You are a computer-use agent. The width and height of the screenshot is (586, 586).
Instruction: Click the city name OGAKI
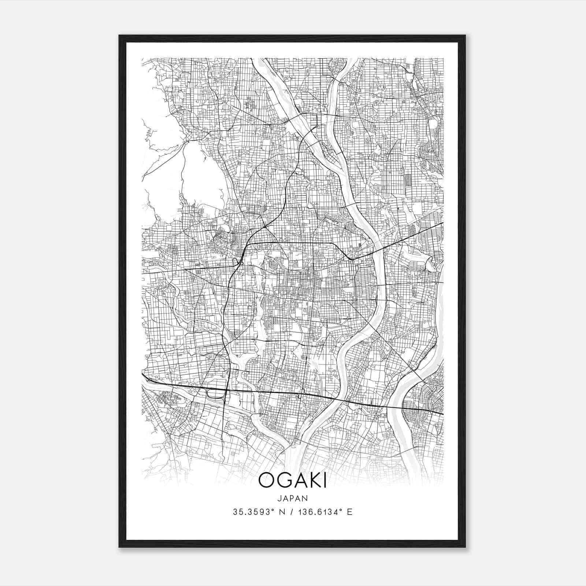click(293, 481)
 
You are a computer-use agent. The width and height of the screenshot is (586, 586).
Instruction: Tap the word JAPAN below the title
click(293, 498)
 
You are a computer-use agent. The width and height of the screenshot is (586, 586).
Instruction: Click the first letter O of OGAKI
click(266, 481)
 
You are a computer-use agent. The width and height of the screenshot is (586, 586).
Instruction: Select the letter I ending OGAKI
click(324, 481)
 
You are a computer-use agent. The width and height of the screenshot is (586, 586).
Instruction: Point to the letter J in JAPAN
click(279, 498)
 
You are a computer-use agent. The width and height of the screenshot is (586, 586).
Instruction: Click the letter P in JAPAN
click(293, 498)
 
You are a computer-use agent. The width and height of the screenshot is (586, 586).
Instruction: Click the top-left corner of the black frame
click(119, 36)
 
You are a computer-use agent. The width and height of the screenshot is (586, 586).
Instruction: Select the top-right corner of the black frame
click(465, 36)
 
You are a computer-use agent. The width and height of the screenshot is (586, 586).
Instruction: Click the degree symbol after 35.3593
click(273, 509)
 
